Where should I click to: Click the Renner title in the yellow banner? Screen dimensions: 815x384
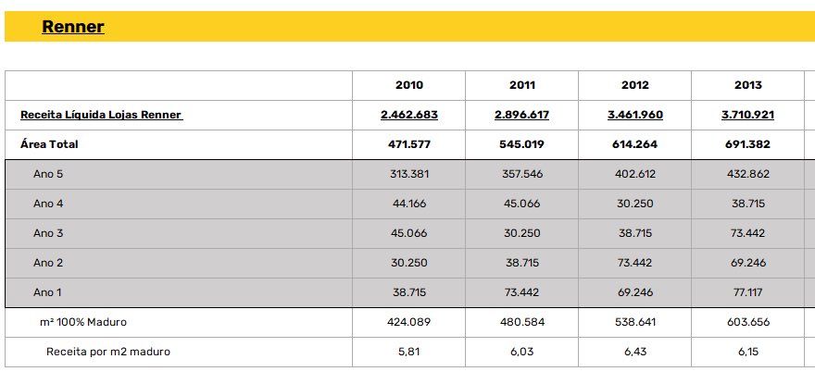point(73,27)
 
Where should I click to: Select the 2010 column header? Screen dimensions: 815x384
point(409,85)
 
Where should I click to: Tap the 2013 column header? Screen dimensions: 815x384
point(748,85)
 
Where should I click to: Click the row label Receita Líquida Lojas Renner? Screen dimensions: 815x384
point(101,115)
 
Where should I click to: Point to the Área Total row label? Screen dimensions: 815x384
point(49,144)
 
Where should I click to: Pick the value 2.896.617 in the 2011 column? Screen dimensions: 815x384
point(521,115)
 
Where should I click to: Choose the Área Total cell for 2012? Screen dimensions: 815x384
point(635,144)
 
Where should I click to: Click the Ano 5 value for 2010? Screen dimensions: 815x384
point(409,174)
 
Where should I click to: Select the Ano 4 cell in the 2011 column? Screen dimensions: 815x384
point(521,204)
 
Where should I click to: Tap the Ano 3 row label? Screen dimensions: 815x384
point(48,233)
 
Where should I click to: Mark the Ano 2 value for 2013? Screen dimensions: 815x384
point(748,263)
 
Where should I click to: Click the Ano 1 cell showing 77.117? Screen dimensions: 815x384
point(748,292)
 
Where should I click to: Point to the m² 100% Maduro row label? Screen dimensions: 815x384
point(83,322)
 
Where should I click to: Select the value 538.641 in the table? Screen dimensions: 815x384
point(635,322)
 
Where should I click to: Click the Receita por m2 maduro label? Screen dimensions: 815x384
point(108,352)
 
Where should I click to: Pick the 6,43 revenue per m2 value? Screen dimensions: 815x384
point(635,352)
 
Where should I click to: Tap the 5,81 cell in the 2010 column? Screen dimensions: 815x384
point(409,352)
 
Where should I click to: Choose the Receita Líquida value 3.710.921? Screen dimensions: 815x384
point(748,115)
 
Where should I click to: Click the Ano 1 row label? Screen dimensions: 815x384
point(47,292)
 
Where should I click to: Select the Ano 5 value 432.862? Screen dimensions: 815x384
point(748,174)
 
